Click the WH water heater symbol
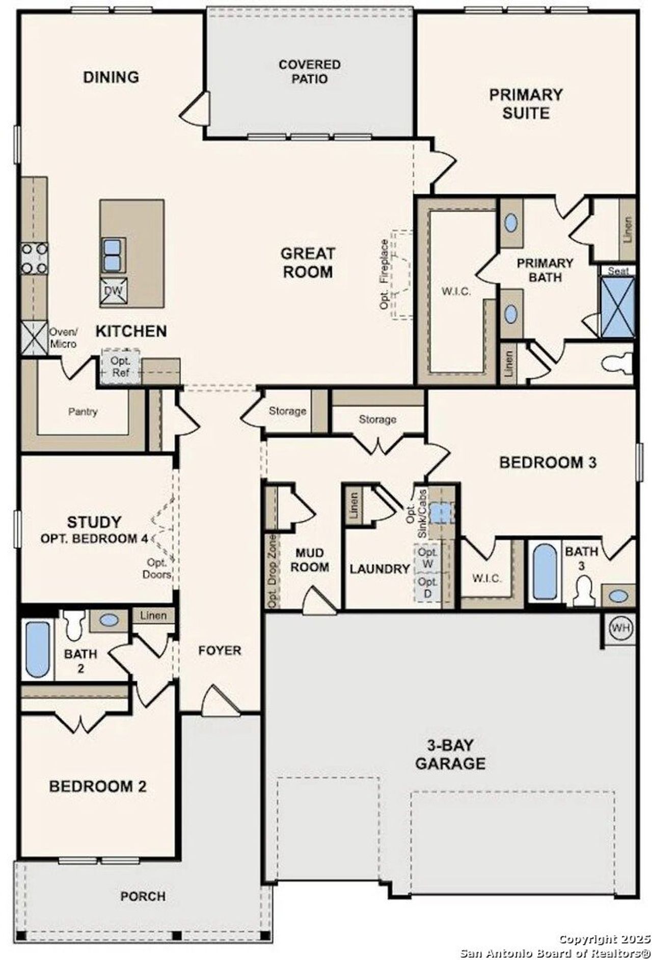620,628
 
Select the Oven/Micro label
63,338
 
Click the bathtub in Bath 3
544,572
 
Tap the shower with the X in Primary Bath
618,307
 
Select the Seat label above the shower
618,271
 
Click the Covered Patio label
310,72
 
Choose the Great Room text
308,262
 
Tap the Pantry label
83,411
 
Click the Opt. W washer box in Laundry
427,558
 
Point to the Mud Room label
309,560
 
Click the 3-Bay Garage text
450,755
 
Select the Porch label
143,910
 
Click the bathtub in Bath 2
37,649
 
